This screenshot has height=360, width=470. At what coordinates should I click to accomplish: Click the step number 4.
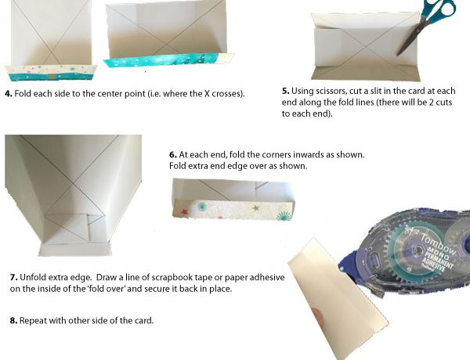coord(9,94)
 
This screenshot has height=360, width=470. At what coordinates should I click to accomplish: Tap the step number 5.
coord(285,91)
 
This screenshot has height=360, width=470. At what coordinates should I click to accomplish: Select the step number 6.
coord(172,155)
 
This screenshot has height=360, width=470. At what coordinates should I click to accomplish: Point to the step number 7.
coord(13,277)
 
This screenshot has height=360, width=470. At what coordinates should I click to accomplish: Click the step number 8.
coord(13,321)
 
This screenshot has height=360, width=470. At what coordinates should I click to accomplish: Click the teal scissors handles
coord(439,9)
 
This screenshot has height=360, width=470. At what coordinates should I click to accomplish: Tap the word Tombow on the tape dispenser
coord(439,243)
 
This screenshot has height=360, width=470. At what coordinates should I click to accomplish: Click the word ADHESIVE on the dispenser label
coord(440,261)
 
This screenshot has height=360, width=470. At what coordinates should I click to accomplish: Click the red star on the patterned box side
coord(184,212)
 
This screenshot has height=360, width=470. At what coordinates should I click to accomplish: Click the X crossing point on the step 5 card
coord(367,47)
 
